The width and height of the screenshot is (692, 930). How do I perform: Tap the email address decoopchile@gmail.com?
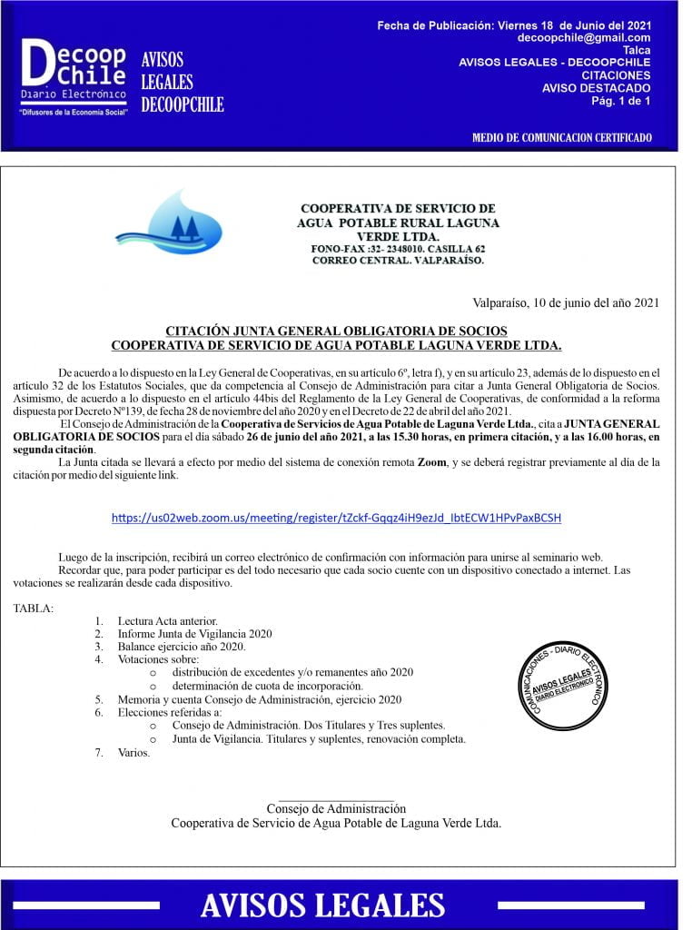pyautogui.click(x=584, y=38)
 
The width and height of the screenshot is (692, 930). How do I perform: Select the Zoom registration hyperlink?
pyautogui.click(x=336, y=518)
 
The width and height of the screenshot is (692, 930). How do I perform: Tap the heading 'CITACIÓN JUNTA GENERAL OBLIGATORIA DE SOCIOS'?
pyautogui.click(x=336, y=331)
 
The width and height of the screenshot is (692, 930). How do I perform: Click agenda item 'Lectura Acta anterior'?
pyautogui.click(x=167, y=621)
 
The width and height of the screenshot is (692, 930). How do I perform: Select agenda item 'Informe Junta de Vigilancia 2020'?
pyautogui.click(x=194, y=634)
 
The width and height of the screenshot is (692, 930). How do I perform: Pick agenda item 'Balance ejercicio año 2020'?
pyautogui.click(x=181, y=647)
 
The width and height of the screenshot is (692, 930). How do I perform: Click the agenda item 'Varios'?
pyautogui.click(x=133, y=753)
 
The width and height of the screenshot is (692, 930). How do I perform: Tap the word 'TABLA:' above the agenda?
pyautogui.click(x=33, y=608)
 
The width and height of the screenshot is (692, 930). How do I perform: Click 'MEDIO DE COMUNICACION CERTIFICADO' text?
pyautogui.click(x=561, y=138)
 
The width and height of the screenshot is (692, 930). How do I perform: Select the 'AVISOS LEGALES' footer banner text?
pyautogui.click(x=322, y=905)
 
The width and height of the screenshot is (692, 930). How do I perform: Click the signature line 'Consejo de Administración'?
pyautogui.click(x=336, y=808)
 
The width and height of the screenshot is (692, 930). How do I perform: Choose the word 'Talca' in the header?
pyautogui.click(x=636, y=50)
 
